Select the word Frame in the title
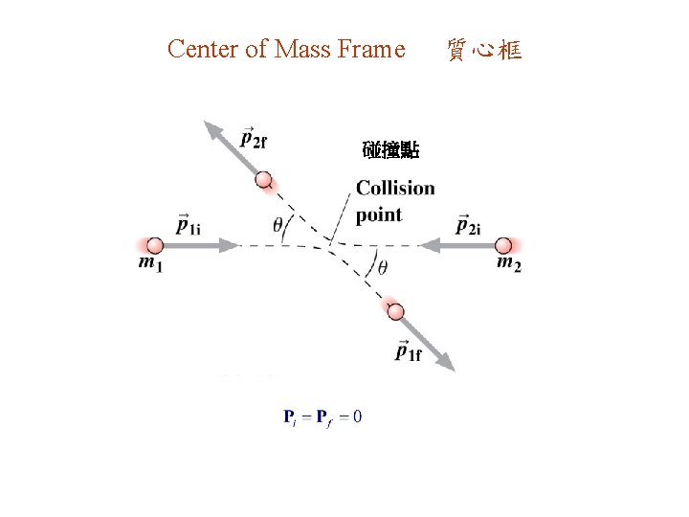tap(371, 49)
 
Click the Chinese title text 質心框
tap(484, 50)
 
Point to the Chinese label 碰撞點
tap(391, 150)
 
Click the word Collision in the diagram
tap(395, 188)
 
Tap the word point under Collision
tap(379, 214)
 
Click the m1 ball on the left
tap(155, 245)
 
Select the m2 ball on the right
tap(503, 245)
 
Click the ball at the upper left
tap(263, 180)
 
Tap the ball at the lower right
tap(395, 310)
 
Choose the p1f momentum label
tap(408, 351)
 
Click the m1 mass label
tap(150, 264)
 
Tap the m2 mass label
tap(509, 264)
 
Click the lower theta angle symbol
tap(382, 267)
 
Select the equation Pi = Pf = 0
tap(322, 416)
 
